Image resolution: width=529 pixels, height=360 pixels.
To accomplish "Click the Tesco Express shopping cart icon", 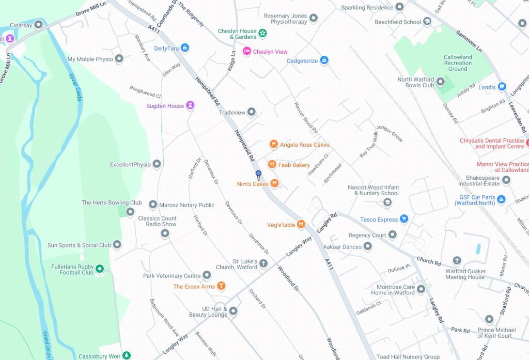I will click(404, 220).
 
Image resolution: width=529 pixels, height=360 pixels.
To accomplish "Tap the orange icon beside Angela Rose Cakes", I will click(274, 145).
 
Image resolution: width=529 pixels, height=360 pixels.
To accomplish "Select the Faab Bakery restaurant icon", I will click(272, 165).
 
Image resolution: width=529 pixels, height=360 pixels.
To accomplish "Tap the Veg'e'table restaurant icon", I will click(301, 225).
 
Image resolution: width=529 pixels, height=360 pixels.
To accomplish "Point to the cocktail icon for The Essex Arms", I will click(221, 286).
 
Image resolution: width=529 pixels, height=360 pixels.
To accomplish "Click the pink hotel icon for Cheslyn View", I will click(247, 52).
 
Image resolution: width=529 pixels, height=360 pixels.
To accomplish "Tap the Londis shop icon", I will click(502, 87).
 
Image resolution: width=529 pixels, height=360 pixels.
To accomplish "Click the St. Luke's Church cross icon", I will click(263, 264).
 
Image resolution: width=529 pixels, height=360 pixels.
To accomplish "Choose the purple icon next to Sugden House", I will click(190, 106).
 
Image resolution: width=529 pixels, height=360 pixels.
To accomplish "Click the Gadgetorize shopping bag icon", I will click(324, 60).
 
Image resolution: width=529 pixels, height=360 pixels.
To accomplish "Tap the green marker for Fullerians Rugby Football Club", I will click(100, 269).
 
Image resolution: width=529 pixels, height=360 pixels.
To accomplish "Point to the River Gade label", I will click(75, 87).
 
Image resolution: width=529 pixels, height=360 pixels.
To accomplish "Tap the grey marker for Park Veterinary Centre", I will click(207, 276).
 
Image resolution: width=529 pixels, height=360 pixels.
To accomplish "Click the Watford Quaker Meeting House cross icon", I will click(457, 261).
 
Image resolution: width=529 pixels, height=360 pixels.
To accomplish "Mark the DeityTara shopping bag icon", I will click(185, 48).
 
